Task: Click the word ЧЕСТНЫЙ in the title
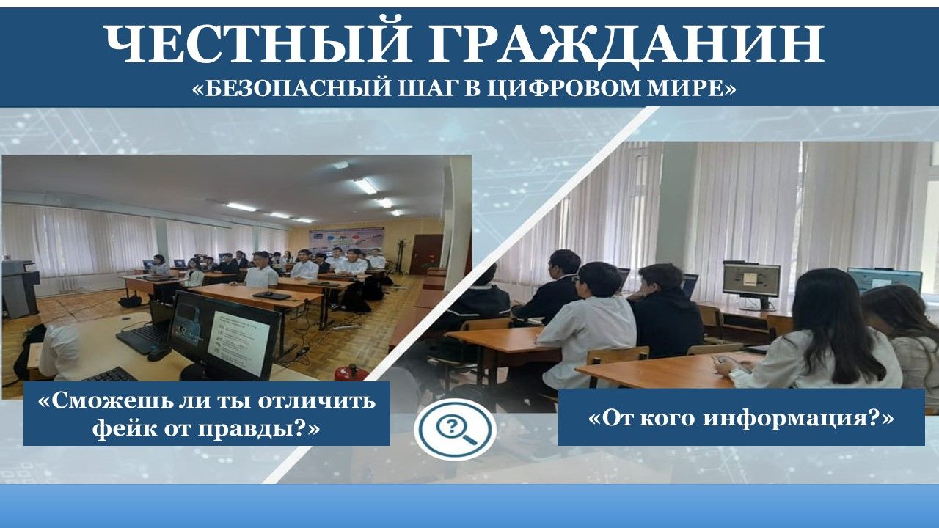click(257, 43)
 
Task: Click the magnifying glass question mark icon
click(456, 429)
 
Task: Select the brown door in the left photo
click(424, 254)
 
